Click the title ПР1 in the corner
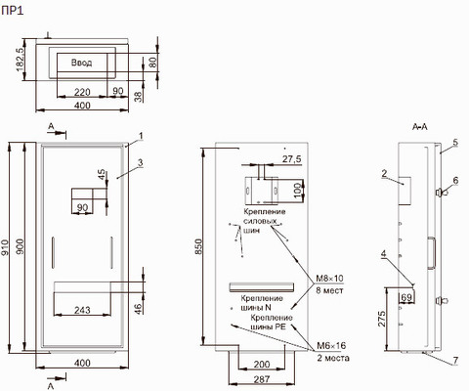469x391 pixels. coord(13,11)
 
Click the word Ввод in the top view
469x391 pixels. coord(81,63)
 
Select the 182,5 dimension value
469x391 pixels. coord(20,59)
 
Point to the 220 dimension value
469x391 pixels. coord(82,92)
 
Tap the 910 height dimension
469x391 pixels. coord(5,247)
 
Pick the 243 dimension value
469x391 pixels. coord(82,310)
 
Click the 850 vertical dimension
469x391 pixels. coord(198,246)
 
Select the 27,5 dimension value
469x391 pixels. coord(291,159)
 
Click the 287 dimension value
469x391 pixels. coord(262,379)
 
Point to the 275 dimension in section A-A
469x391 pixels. coord(381,319)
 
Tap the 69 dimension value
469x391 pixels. coord(406,297)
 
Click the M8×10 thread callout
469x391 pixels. coord(329,279)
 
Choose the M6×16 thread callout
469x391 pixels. coord(331,346)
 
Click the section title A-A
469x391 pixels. coord(420,127)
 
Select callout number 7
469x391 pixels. coord(455,360)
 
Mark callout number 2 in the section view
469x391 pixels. coord(384,173)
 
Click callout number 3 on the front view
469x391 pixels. coord(140,162)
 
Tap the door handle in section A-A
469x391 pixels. coord(432,253)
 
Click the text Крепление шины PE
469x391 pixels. coord(272,322)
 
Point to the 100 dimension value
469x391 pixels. coord(298,191)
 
